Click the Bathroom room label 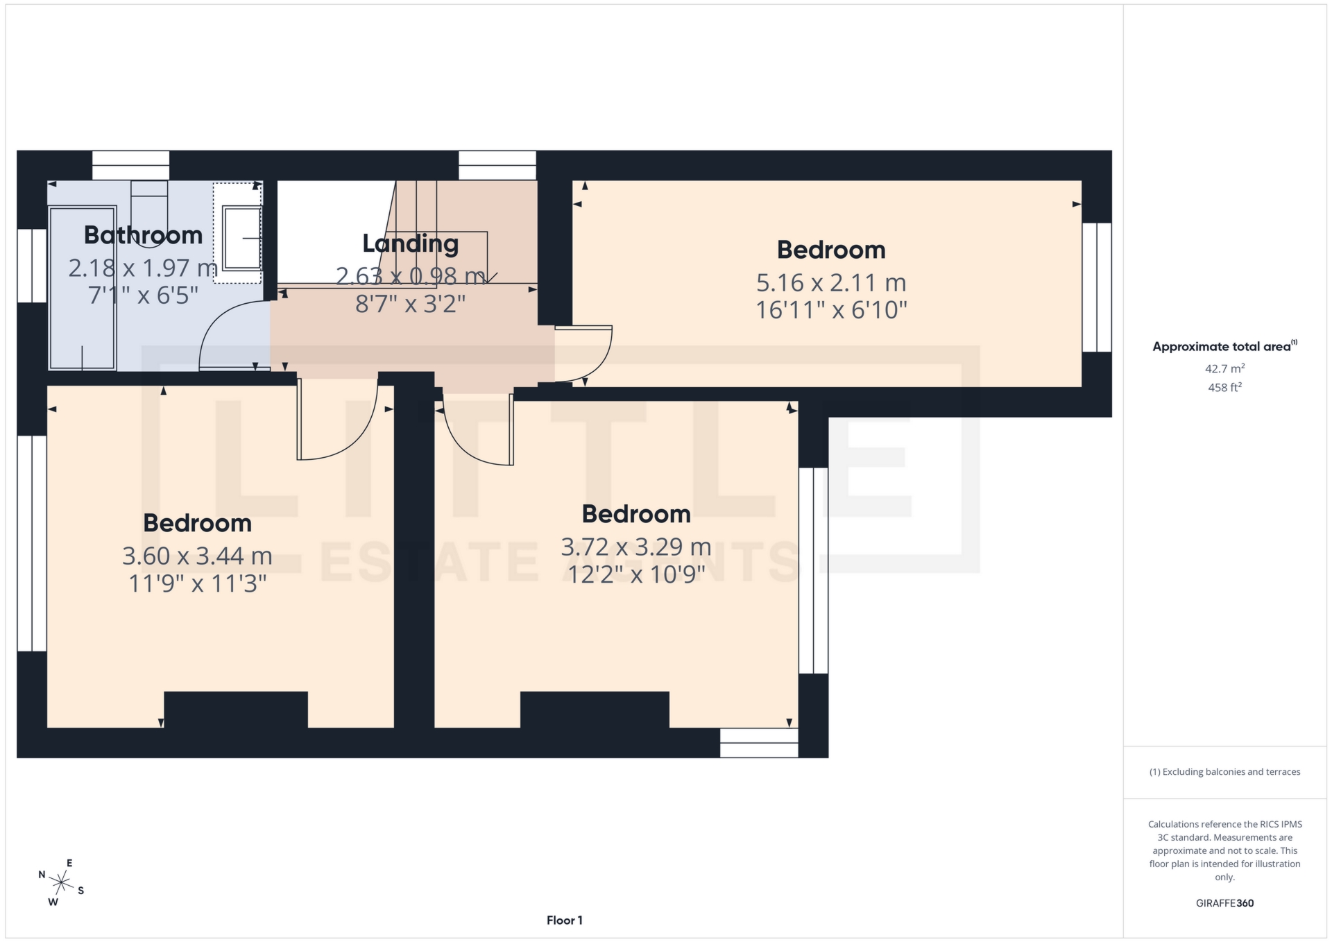(143, 235)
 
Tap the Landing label (410, 243)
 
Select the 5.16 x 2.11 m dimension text (830, 283)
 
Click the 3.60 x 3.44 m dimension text (197, 556)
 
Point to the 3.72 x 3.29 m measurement (635, 547)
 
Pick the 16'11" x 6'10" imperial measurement (830, 310)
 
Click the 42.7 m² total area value (1224, 368)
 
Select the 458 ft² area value (1224, 388)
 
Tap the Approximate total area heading (1224, 347)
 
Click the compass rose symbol (62, 882)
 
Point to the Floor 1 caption (564, 920)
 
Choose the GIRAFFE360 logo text (1224, 903)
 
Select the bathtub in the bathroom (82, 288)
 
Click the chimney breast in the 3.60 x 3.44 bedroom (236, 709)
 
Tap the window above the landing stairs (497, 166)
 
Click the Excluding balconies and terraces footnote (1224, 772)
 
